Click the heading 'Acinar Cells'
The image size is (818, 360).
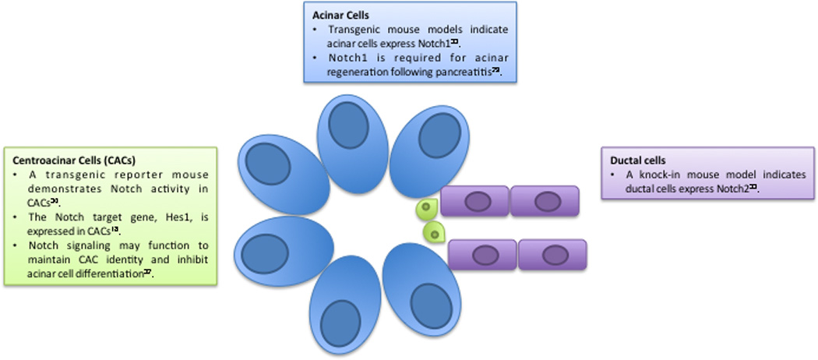(x=337, y=15)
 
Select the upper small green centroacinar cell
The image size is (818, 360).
(x=426, y=208)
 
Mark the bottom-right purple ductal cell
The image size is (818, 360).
(x=552, y=254)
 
